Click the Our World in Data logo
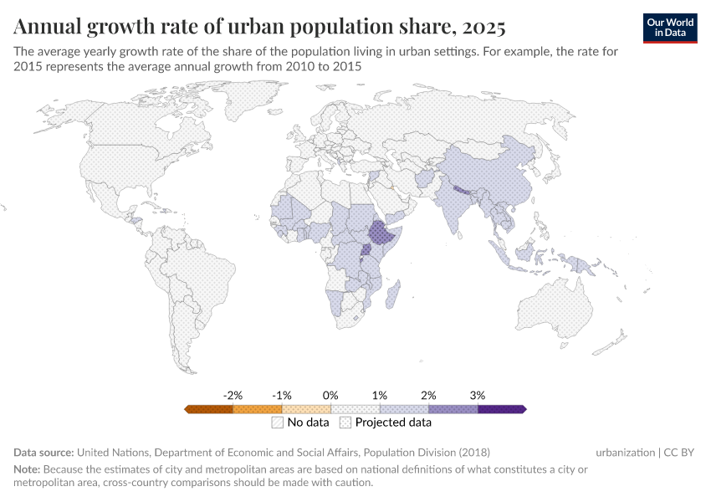670,28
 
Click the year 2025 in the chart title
482,28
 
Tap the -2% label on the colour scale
233,395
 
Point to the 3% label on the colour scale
478,395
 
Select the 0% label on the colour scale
330,395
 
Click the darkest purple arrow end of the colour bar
521,409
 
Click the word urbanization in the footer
625,453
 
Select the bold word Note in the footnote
28,469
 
